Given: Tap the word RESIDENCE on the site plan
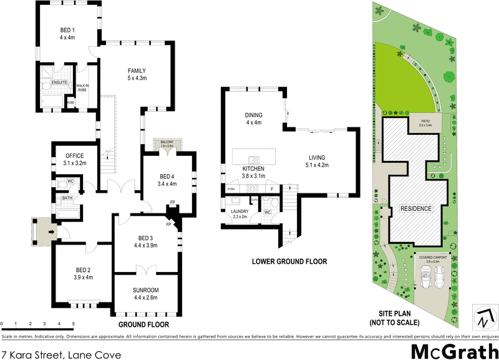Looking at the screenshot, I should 415,208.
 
